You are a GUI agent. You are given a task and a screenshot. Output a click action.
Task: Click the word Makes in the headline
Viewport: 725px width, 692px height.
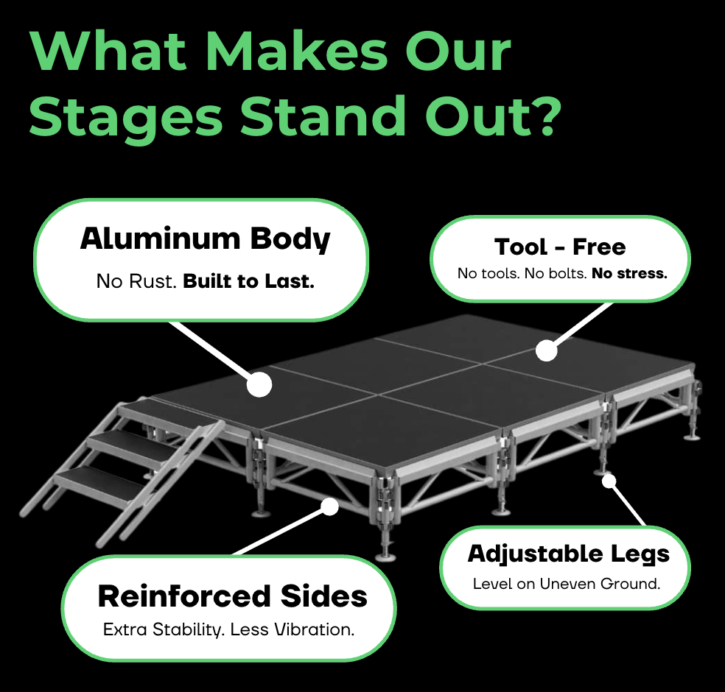tap(300, 51)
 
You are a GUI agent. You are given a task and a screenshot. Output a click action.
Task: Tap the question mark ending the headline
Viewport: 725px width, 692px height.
tap(544, 116)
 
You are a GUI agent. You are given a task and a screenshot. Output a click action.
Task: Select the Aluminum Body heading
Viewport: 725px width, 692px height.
tap(206, 239)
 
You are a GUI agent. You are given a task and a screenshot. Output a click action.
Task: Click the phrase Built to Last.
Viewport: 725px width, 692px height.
tap(249, 281)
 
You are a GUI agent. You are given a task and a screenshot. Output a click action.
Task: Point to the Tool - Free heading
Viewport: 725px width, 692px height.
tap(560, 247)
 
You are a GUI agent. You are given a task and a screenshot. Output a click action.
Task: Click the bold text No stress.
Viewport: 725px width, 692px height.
tap(630, 273)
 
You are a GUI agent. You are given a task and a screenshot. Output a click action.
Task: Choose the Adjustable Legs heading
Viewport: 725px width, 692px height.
tap(568, 554)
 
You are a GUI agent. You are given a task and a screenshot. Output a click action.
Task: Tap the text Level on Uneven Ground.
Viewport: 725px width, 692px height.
tap(567, 584)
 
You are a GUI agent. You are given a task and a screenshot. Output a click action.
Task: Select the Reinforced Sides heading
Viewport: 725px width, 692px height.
tap(233, 596)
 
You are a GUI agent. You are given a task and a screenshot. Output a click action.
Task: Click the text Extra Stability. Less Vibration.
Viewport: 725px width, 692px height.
tap(228, 629)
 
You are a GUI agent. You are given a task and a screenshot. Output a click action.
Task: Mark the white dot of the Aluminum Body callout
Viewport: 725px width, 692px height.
tap(259, 384)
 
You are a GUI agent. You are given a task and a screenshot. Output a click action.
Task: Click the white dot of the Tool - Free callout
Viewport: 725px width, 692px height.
tap(547, 350)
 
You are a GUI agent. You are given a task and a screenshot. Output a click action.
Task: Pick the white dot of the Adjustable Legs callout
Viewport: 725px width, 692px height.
tap(609, 481)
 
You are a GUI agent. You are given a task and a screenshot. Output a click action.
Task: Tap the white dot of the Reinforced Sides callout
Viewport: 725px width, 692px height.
tap(329, 506)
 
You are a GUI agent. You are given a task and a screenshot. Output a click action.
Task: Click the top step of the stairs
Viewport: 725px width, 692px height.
tap(171, 411)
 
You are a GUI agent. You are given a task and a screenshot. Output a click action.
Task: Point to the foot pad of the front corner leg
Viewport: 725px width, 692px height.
tap(385, 557)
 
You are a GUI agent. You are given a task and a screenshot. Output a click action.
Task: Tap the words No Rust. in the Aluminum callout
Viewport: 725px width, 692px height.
tap(136, 281)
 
